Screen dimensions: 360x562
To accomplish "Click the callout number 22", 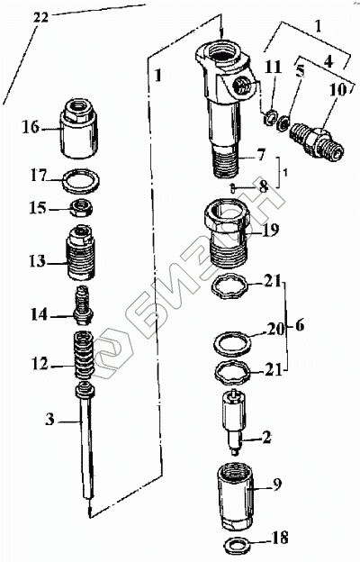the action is (40, 17).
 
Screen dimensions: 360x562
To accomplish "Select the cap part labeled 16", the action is (79, 128).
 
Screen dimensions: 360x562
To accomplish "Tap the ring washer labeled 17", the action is (81, 180).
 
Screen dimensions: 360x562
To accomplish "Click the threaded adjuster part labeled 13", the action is (81, 252).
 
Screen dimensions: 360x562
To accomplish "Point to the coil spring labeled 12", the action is (84, 355).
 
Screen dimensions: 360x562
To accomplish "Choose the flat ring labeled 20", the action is (232, 344).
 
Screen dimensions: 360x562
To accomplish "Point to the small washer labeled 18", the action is (237, 545).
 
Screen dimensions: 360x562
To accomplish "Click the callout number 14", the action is (39, 315).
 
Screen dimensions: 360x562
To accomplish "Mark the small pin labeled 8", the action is (233, 187).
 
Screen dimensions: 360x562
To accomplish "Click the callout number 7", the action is (260, 155).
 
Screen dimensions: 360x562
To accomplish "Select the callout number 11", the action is (274, 68).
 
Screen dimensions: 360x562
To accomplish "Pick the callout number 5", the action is (300, 71).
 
